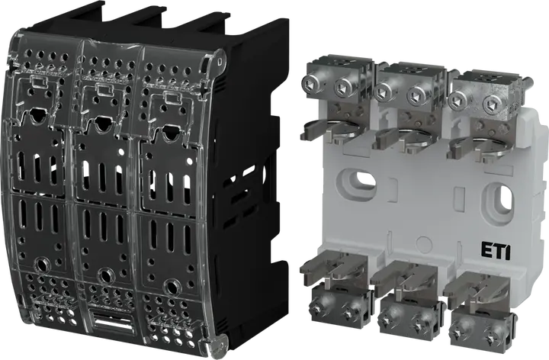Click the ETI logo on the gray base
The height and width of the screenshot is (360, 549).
coord(496,251)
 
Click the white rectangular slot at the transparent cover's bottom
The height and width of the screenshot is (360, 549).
coord(111,320)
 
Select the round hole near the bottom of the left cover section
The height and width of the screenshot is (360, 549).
coord(43,263)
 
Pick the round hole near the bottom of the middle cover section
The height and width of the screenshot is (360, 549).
coord(105,275)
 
